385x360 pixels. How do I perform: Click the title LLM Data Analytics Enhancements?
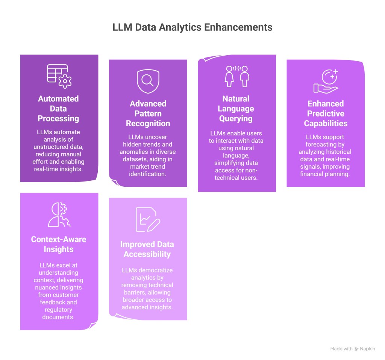[x=192, y=27]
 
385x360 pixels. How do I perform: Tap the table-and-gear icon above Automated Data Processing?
[x=59, y=76]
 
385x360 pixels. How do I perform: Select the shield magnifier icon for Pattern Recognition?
[x=148, y=81]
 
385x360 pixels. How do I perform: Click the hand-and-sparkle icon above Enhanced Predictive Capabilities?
[x=326, y=81]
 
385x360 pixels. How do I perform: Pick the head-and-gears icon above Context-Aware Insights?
[x=59, y=215]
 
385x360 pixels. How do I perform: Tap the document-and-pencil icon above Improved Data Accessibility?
[x=148, y=219]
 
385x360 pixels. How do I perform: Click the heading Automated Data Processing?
[x=59, y=109]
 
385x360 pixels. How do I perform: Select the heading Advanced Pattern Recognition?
[x=148, y=113]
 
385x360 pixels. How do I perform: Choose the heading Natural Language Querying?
[x=236, y=109]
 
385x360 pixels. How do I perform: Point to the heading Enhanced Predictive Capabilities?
[x=326, y=113]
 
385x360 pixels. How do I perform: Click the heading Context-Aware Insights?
[x=59, y=244]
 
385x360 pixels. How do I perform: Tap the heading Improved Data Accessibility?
[x=147, y=249]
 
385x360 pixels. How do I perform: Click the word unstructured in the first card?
[x=47, y=147]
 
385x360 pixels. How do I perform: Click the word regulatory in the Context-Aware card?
[x=59, y=309]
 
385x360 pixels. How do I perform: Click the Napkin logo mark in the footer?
[x=356, y=349]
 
